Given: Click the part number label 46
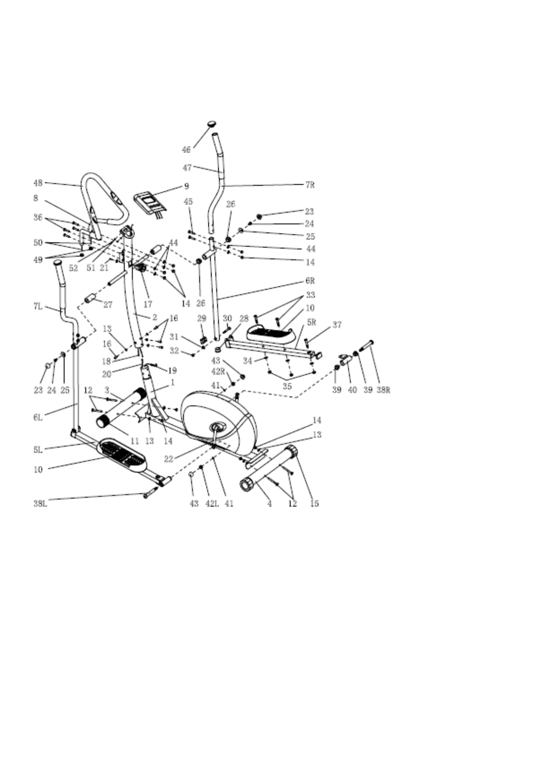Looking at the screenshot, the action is tap(186, 150).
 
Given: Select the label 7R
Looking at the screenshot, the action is tap(310, 185).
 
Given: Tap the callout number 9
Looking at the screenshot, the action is tap(187, 186).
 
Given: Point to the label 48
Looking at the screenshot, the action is tap(38, 183).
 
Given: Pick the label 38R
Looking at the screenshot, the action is tap(383, 390).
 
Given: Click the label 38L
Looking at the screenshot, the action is tap(40, 503).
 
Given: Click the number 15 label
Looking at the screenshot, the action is tap(314, 503).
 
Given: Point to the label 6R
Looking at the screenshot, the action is tap(310, 281).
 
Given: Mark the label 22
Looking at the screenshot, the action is tap(169, 459).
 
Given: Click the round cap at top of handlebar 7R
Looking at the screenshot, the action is tap(212, 124).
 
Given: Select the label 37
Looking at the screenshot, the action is tap(337, 325).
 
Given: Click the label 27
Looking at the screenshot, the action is tap(108, 305).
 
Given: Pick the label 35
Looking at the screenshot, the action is tap(287, 386).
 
